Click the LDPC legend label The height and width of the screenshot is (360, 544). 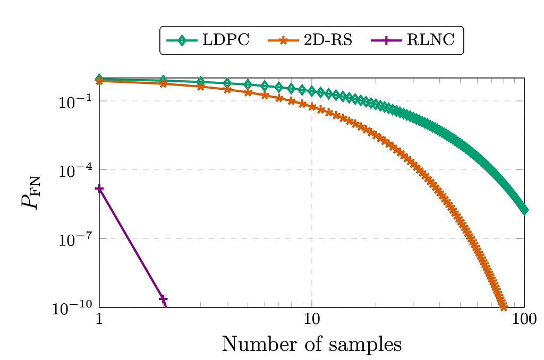tap(225, 40)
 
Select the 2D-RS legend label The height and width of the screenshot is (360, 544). tap(328, 40)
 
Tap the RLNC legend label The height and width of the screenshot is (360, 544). tap(430, 40)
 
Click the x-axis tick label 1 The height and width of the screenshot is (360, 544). tap(99, 320)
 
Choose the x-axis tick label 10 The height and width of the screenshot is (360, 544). tap(312, 320)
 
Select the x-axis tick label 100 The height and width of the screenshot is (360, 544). tap(524, 320)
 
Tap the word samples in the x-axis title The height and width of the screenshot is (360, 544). tap(365, 345)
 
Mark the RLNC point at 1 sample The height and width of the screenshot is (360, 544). tap(99, 188)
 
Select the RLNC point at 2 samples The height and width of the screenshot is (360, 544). tap(163, 299)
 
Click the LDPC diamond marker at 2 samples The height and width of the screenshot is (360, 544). tap(163, 80)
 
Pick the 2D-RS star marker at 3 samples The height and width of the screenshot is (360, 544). tap(201, 87)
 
